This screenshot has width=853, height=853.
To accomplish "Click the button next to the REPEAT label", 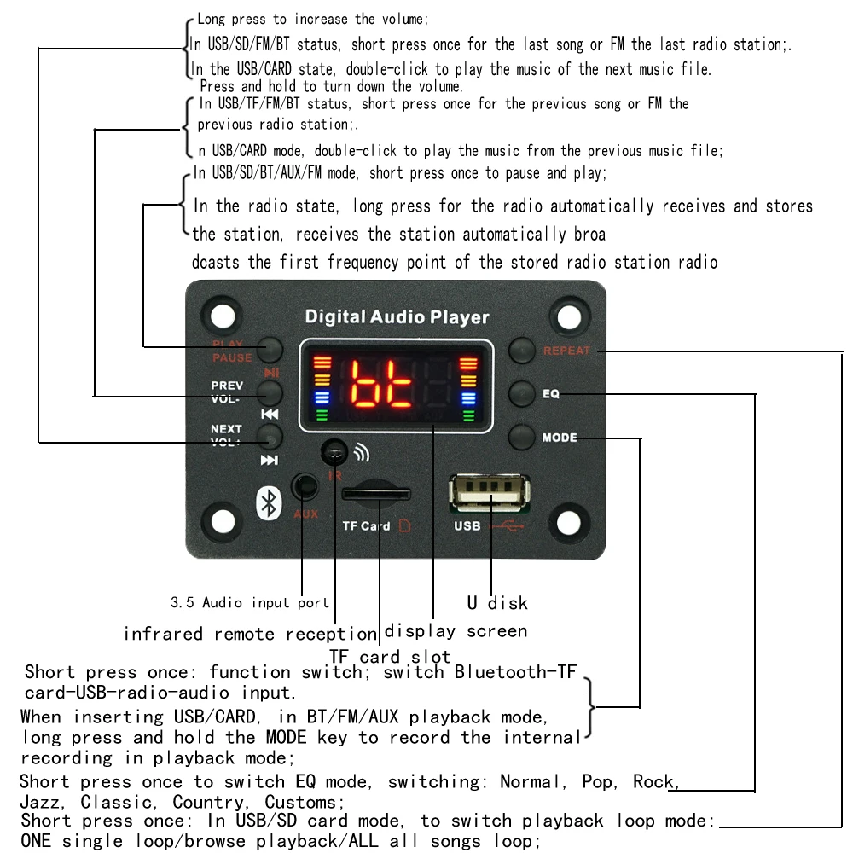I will (521, 350).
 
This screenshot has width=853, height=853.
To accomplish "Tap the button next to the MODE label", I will (521, 438).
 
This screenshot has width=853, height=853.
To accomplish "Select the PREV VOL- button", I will (270, 392).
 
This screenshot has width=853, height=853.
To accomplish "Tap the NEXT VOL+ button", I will (270, 438).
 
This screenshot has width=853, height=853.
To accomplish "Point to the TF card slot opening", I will (375, 494).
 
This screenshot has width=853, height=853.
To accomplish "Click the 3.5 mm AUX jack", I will (304, 487).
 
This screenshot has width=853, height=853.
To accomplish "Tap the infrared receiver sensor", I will (334, 451).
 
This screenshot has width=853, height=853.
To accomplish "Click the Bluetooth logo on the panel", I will (268, 502).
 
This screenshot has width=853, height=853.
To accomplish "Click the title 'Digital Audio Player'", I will (397, 317).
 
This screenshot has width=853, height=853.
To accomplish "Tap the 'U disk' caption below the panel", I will (497, 603).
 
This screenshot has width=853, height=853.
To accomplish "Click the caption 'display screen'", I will (456, 631).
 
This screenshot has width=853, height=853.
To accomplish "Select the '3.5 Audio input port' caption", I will (249, 603).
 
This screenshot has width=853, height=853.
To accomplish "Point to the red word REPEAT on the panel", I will (567, 351).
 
